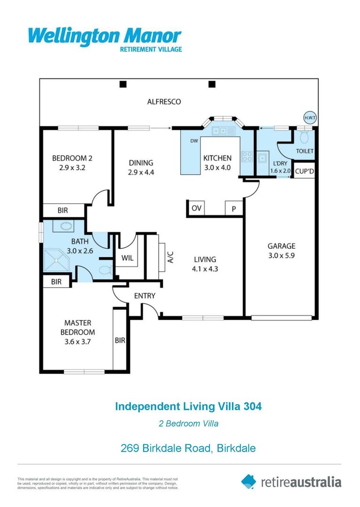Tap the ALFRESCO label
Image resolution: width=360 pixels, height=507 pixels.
(x=164, y=101)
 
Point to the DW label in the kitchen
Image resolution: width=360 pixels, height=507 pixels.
(x=194, y=140)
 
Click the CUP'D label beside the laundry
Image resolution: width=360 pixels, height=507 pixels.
(x=305, y=172)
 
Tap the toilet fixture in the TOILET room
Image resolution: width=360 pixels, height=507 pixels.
(x=304, y=138)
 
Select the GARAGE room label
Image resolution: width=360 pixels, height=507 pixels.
(x=281, y=246)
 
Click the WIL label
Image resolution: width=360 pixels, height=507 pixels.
(x=127, y=258)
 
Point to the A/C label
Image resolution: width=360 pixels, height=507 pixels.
(x=170, y=257)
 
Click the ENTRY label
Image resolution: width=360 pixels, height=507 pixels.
(x=144, y=296)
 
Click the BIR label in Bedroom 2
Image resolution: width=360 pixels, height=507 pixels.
(x=62, y=211)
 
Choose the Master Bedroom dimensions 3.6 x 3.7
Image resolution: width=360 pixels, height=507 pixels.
(x=77, y=342)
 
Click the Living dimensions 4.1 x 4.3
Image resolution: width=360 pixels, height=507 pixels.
(x=205, y=269)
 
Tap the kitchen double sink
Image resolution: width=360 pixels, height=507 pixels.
(x=222, y=131)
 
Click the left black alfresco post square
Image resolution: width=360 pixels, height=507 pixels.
(x=123, y=84)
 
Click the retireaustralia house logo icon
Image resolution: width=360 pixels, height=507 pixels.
(x=249, y=481)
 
